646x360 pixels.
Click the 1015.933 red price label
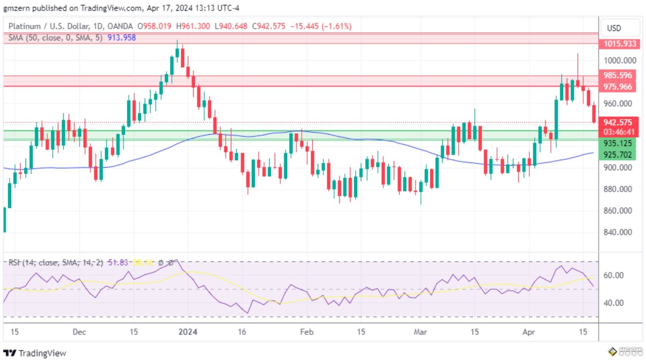click(x=620, y=43)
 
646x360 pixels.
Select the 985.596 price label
click(x=618, y=75)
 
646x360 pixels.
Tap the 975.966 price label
click(x=618, y=87)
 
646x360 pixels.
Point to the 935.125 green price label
click(x=618, y=143)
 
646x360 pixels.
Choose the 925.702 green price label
click(x=618, y=154)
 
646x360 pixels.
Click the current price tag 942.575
click(x=618, y=123)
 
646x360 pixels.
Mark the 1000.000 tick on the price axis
click(x=620, y=61)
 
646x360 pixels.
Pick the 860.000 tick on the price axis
click(x=618, y=211)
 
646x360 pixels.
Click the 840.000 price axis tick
click(x=618, y=232)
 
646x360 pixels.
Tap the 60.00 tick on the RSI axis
click(x=613, y=275)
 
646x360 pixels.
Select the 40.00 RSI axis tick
click(x=613, y=303)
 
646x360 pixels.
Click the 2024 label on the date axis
click(x=187, y=332)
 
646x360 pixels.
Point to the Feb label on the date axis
click(x=307, y=332)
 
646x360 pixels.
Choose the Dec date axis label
click(x=79, y=332)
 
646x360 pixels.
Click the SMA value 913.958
click(x=121, y=38)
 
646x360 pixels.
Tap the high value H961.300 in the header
click(x=193, y=26)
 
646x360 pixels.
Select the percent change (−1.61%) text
click(x=336, y=26)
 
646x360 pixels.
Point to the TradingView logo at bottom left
click(x=35, y=353)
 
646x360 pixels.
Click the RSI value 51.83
click(x=118, y=263)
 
